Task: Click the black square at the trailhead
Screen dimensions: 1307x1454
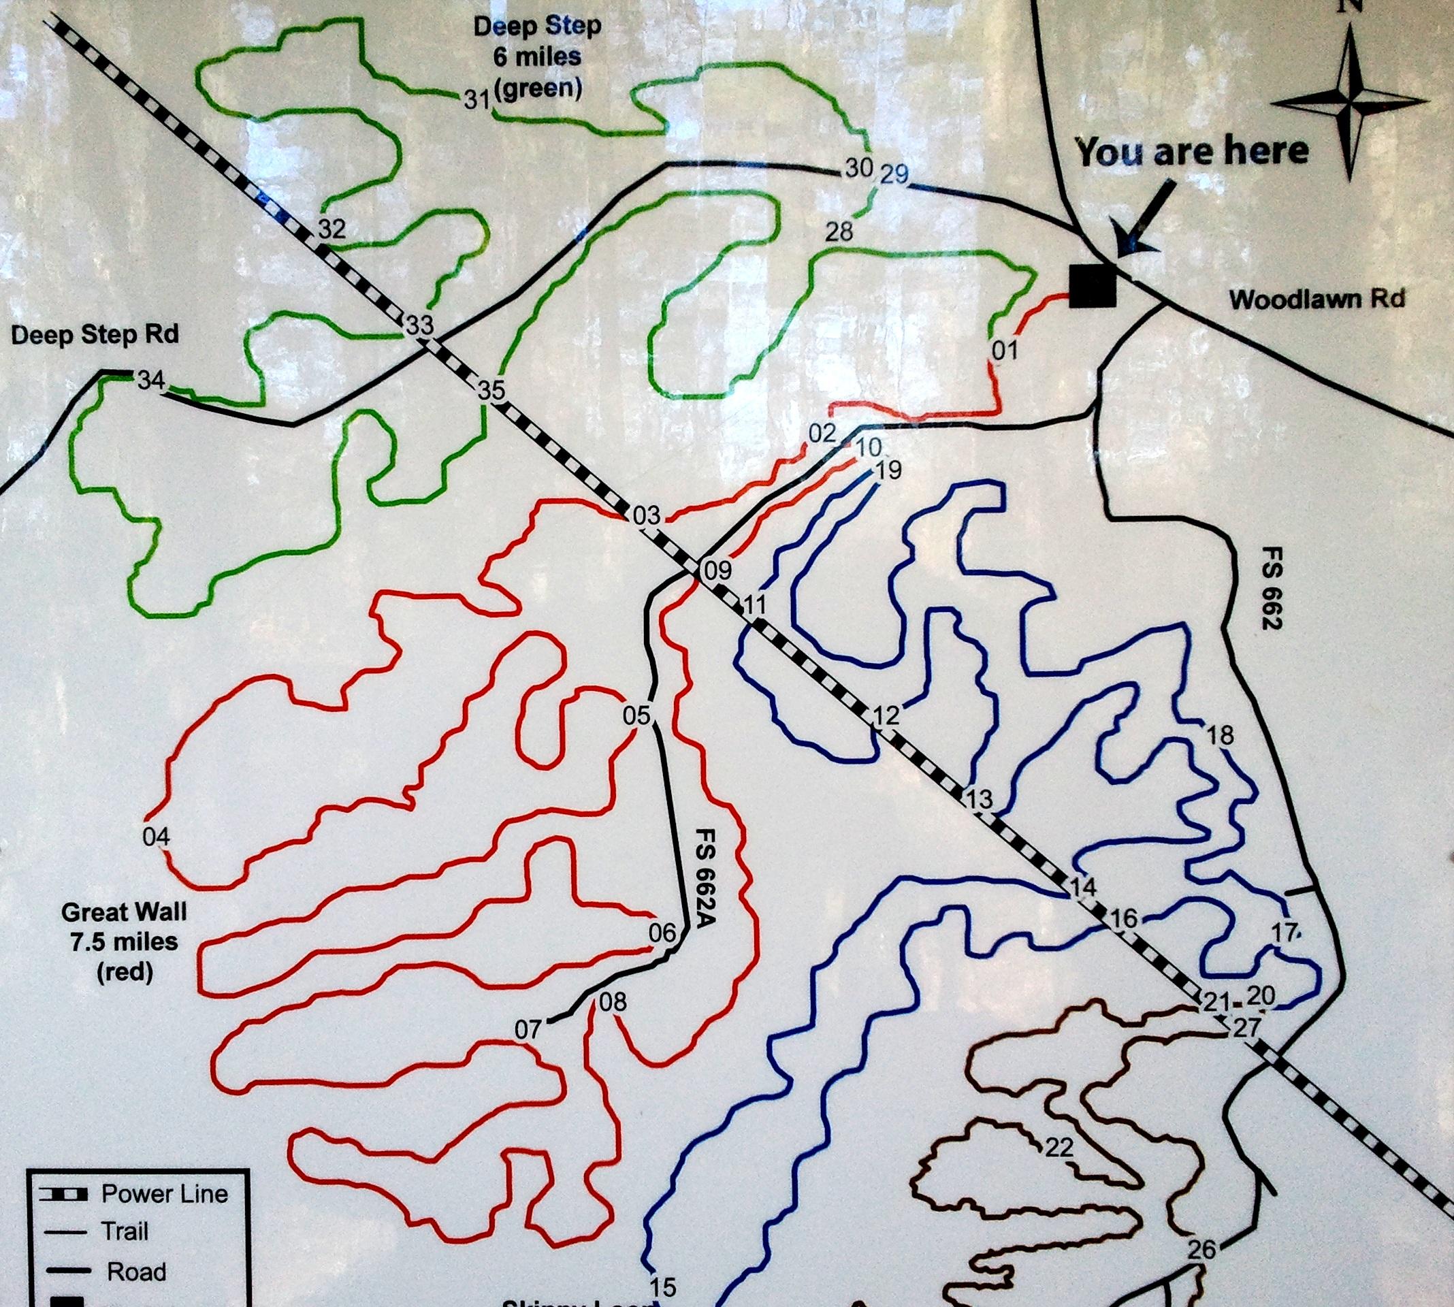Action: [x=1093, y=285]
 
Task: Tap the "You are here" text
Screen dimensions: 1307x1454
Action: [x=1191, y=152]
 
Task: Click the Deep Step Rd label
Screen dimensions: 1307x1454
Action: [x=95, y=335]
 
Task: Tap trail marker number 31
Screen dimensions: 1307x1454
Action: [x=476, y=100]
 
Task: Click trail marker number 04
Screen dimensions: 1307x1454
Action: [x=156, y=837]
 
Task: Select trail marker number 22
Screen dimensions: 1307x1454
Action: [x=1059, y=1148]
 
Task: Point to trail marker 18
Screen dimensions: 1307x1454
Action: [x=1221, y=735]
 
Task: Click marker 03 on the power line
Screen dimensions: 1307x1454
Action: [x=645, y=515]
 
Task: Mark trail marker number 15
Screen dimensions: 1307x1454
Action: [x=663, y=1285]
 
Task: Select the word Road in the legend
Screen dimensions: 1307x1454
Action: [x=136, y=1272]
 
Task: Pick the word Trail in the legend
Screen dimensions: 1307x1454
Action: [x=125, y=1232]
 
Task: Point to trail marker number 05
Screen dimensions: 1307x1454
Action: [x=636, y=715]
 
